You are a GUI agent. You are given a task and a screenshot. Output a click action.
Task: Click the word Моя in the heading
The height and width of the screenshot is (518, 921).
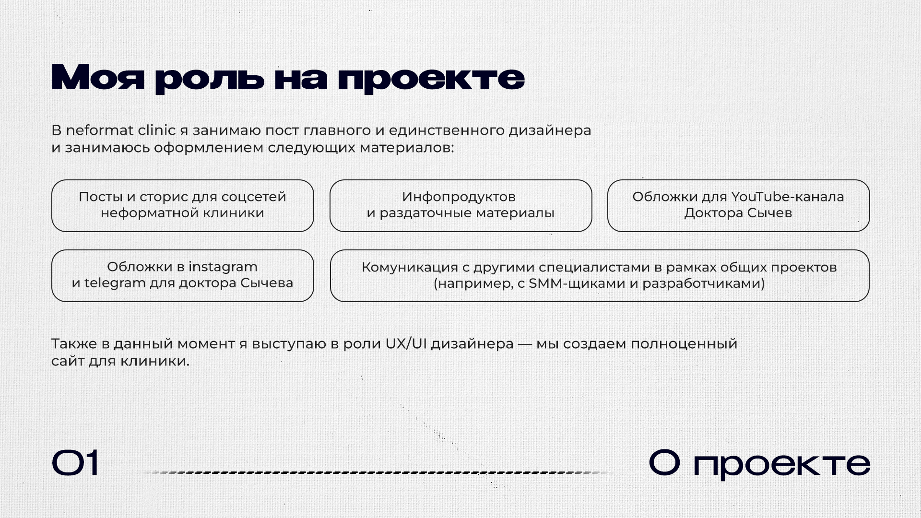(x=97, y=77)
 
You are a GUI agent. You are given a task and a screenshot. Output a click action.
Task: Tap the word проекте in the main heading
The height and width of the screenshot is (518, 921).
(x=431, y=78)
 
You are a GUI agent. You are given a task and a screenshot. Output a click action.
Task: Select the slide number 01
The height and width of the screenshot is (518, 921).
(x=76, y=463)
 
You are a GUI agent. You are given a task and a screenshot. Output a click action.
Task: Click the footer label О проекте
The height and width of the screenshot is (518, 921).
(x=759, y=464)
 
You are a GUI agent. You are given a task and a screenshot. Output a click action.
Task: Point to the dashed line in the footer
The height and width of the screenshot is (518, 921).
(x=377, y=472)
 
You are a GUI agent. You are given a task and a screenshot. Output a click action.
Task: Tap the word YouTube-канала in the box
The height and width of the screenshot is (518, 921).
(x=788, y=197)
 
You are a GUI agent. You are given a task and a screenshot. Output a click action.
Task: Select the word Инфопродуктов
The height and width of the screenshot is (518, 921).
(x=459, y=197)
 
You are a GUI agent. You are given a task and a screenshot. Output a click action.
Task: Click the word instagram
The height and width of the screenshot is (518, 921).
(x=223, y=267)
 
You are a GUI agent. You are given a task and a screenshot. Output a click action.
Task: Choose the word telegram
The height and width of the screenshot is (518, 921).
(x=115, y=283)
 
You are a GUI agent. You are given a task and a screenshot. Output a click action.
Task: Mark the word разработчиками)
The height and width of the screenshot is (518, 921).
(x=704, y=283)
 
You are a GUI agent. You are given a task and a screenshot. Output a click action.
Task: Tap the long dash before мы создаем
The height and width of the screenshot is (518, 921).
(x=525, y=344)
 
